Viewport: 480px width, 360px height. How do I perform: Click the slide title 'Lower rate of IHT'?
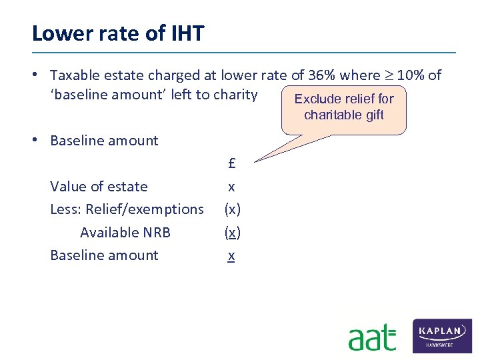118,33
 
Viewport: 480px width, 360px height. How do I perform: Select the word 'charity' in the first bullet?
235,95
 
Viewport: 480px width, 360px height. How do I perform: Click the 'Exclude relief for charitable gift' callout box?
344,107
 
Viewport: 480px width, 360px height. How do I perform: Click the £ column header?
231,163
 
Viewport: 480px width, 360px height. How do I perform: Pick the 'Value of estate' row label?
99,187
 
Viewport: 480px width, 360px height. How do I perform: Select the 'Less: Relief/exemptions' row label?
127,209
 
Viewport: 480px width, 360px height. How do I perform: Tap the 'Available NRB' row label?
125,232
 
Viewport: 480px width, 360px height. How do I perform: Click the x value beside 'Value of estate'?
231,187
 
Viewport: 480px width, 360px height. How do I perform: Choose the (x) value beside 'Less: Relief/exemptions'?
232,209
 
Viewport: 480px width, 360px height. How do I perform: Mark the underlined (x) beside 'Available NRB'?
232,232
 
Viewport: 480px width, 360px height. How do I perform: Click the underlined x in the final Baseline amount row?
231,255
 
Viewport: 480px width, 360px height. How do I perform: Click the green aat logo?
372,337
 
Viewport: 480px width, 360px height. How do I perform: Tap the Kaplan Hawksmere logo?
443,335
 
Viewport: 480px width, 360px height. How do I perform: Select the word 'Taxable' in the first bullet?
74,75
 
